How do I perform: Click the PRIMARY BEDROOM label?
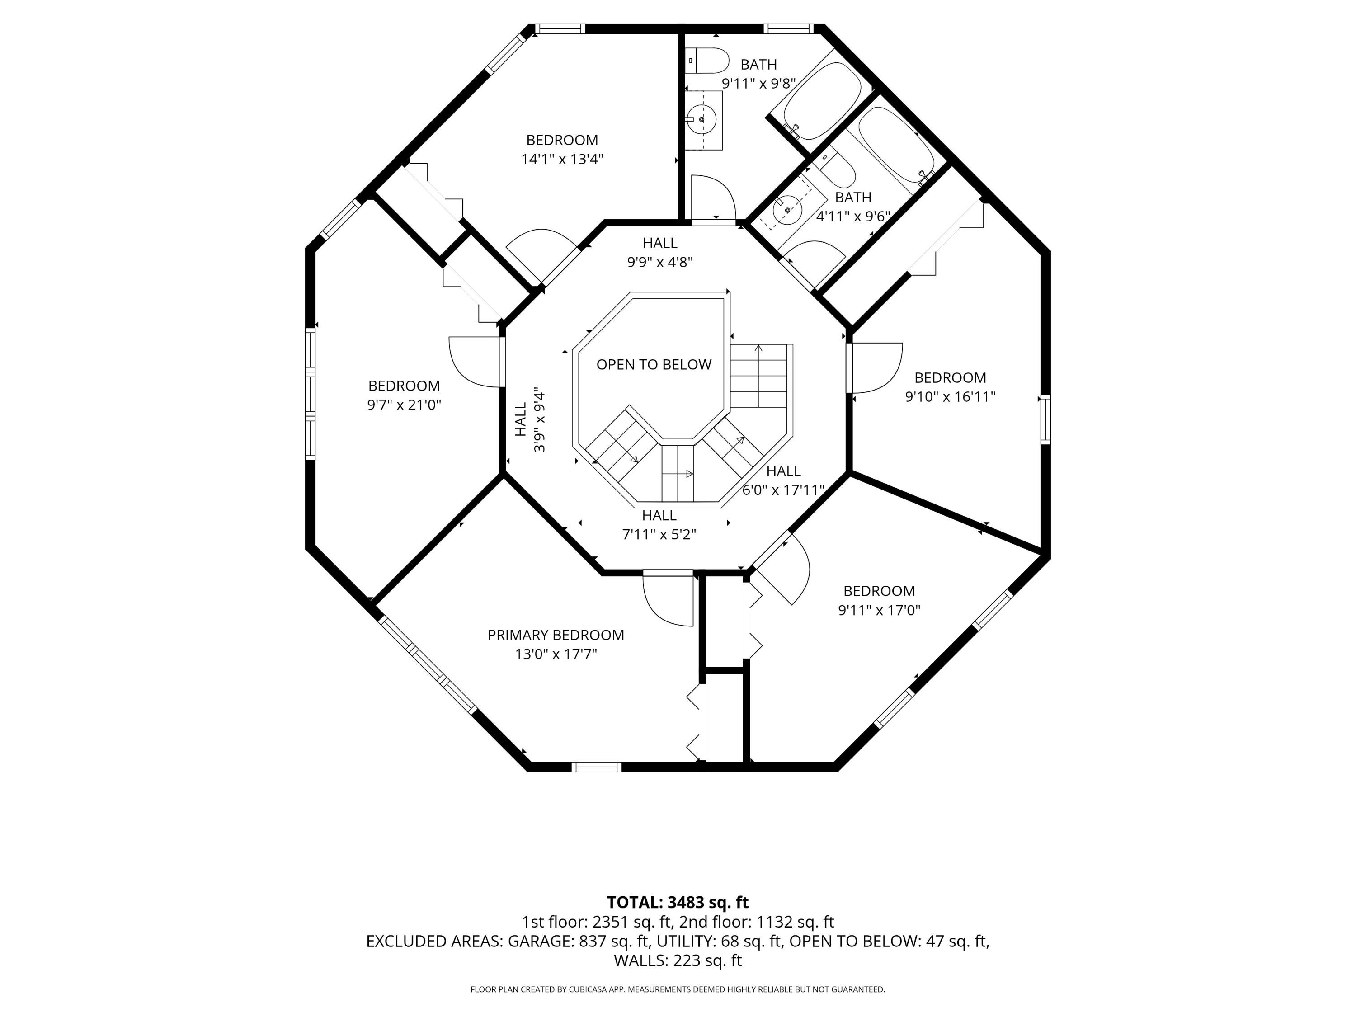click(556, 635)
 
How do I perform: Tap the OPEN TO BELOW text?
click(654, 365)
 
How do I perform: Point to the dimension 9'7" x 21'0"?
click(404, 405)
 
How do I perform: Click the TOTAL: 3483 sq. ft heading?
click(678, 902)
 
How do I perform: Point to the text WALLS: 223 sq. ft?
click(678, 960)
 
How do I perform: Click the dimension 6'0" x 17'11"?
click(783, 490)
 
